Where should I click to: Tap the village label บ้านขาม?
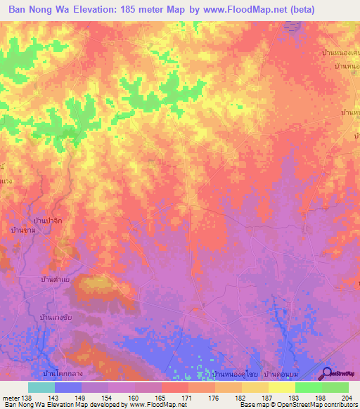[x=25, y=231]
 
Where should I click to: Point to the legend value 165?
[x=161, y=398]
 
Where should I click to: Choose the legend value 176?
[x=214, y=398]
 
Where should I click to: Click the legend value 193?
[x=295, y=398]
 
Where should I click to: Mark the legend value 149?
[x=82, y=398]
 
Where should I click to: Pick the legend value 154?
[x=108, y=398]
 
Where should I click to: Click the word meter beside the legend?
[x=11, y=398]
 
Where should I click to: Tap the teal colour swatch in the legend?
[x=41, y=387]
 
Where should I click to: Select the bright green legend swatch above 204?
[x=335, y=387]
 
